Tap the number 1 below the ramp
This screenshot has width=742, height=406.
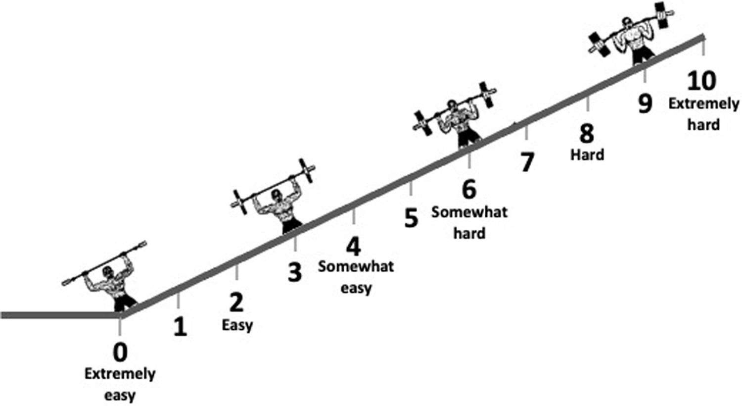(180, 327)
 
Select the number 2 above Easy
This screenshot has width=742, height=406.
(237, 302)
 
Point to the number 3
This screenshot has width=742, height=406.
(295, 271)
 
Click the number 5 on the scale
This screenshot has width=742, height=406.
(411, 218)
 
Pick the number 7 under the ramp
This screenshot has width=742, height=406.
(527, 162)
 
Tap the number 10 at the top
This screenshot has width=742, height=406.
(701, 81)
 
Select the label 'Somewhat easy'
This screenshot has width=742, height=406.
(356, 277)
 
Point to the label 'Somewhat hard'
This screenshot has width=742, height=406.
(469, 222)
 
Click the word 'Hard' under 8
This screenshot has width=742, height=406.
(587, 154)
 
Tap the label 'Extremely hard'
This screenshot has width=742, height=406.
(703, 114)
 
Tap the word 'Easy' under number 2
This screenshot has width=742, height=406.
(237, 325)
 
